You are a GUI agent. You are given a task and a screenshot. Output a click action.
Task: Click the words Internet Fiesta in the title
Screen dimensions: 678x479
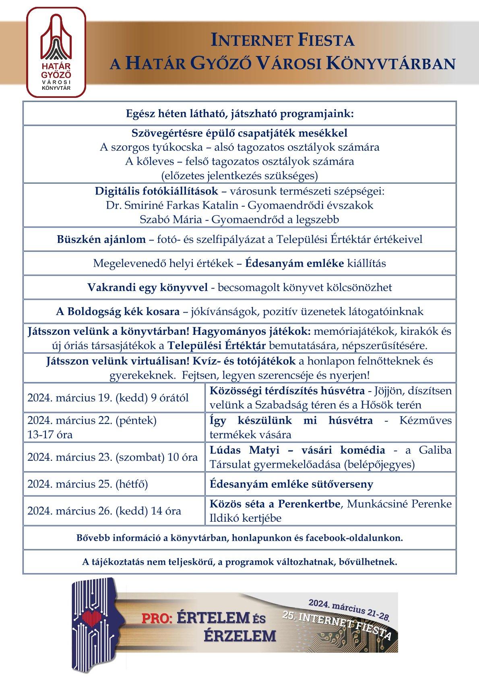click(283, 40)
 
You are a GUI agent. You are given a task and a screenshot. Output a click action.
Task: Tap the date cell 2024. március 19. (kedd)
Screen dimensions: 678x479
click(108, 398)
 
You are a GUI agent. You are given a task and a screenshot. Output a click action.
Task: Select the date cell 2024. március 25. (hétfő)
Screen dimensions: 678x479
click(87, 484)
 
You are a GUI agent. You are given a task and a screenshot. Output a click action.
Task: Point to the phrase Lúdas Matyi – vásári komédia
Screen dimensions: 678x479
click(297, 450)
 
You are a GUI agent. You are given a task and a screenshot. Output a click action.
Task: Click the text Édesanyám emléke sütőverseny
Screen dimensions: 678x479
click(291, 484)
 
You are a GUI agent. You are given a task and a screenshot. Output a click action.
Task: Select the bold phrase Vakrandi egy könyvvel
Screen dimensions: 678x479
click(148, 287)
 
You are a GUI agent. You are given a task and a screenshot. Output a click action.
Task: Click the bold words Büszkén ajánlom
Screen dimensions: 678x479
click(101, 239)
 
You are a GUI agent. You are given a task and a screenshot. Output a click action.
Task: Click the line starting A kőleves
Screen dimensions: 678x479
click(239, 162)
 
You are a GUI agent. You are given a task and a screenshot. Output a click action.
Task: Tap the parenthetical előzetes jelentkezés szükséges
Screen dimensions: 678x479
click(239, 176)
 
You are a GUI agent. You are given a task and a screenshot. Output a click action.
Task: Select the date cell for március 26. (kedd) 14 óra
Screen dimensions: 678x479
click(104, 511)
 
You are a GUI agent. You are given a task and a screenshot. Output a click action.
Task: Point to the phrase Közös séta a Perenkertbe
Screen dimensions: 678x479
click(275, 504)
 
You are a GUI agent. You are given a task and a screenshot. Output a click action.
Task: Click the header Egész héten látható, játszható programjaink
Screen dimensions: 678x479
click(239, 114)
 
